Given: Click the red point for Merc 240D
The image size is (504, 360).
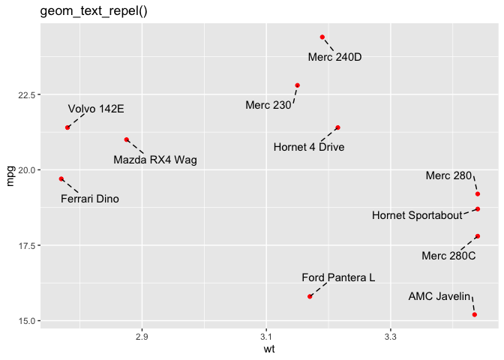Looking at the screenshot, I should (322, 37).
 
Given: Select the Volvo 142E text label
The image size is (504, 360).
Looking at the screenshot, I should (96, 109).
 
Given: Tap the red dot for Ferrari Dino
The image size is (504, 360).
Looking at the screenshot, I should (61, 178).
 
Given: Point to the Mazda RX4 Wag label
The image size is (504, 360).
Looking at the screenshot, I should (155, 160).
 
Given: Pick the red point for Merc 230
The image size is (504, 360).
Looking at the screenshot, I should (298, 85).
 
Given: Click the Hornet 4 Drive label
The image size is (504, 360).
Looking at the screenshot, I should (309, 147).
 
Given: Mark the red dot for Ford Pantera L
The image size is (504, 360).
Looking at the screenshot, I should (310, 296).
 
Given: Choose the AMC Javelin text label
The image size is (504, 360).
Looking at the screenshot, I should (439, 296).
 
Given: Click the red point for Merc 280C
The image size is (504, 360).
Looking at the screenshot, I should (478, 236).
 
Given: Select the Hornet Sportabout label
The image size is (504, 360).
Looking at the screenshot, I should (417, 216).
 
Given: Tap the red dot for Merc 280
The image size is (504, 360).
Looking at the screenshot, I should (478, 193).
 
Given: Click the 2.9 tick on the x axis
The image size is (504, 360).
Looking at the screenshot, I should (142, 336).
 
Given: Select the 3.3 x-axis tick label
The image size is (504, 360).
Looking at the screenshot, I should (390, 336).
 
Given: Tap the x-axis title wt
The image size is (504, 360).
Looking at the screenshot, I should (268, 349).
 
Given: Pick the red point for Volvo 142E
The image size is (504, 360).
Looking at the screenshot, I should (67, 127).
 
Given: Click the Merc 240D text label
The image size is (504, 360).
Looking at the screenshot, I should (334, 58).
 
